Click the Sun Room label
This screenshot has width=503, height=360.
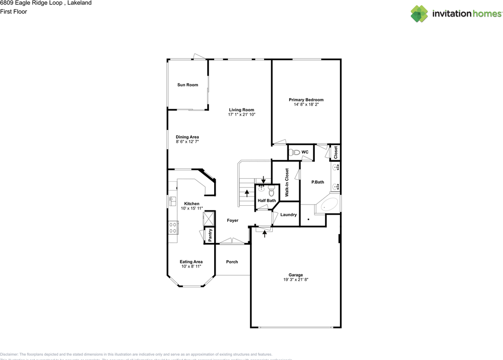pos(187,85)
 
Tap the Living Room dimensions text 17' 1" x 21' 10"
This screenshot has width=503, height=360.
pos(242,115)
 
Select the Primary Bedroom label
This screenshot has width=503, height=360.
pos(306,100)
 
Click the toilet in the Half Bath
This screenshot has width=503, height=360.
pos(271,192)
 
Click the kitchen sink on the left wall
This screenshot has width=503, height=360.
pos(172,202)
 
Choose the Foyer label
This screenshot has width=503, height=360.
pos(233,221)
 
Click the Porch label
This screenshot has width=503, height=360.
pos(232,262)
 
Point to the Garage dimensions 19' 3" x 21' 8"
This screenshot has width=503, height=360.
pos(290,280)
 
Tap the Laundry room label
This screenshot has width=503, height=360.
pos(288,215)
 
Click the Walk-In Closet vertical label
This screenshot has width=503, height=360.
pos(287,183)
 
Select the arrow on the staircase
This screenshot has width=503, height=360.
pos(247,193)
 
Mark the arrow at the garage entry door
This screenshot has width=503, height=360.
pos(264,234)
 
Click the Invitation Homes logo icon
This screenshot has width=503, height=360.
pos(419,14)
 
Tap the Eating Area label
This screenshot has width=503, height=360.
pos(191,262)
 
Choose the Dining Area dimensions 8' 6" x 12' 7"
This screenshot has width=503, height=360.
pos(187,142)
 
